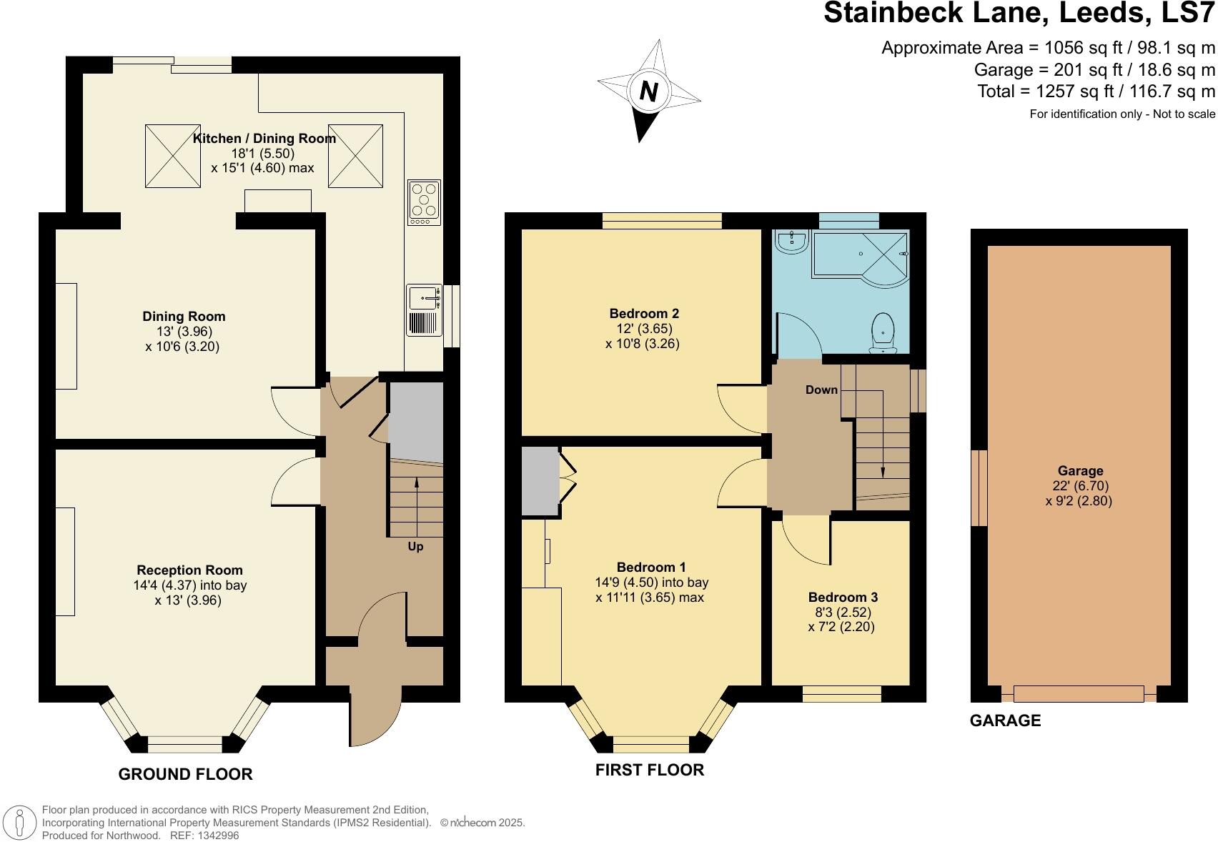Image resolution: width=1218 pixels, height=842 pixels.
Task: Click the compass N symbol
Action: [648, 91]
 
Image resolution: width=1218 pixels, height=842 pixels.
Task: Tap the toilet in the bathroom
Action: [884, 333]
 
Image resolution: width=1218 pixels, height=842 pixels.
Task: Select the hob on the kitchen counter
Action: [423, 202]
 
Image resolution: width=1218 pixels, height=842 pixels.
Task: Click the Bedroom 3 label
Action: [843, 597]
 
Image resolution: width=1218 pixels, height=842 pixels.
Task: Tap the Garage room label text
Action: [1080, 470]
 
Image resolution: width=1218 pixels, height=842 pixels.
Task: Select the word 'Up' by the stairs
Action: [415, 546]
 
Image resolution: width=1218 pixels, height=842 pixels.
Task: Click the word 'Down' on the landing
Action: [821, 390]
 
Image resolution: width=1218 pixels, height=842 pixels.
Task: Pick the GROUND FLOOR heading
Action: [185, 774]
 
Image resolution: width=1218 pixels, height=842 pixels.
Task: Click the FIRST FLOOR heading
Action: [649, 770]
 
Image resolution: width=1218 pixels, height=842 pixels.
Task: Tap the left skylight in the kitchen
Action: [173, 156]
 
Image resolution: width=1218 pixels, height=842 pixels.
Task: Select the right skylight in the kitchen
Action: [355, 156]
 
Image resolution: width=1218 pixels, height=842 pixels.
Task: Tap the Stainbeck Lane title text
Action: [1019, 13]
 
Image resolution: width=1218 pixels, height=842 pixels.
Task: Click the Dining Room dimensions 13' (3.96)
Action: [184, 332]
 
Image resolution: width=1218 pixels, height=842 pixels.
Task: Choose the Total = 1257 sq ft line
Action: [1096, 91]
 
